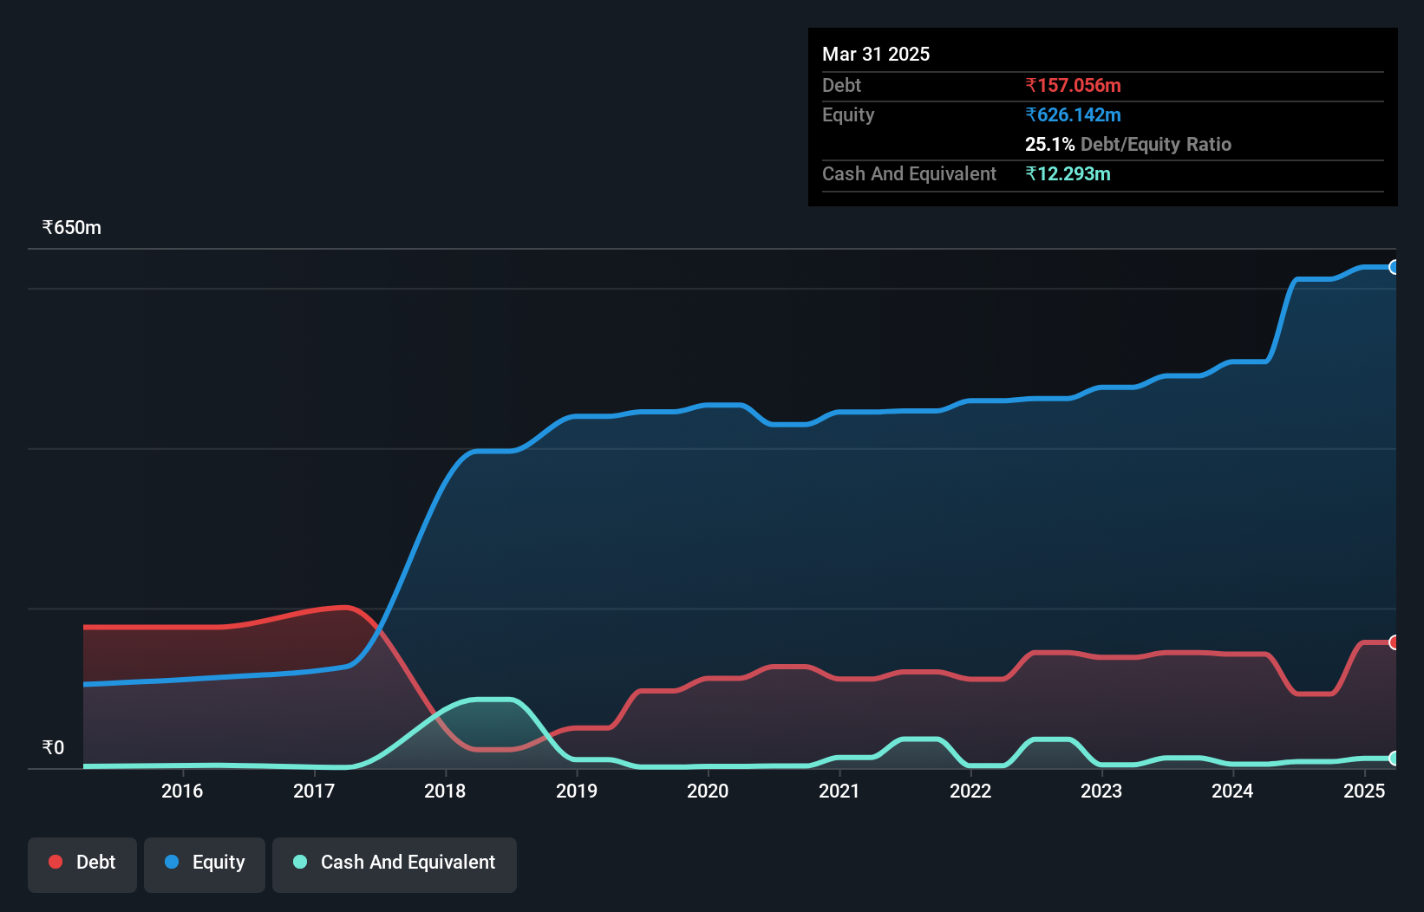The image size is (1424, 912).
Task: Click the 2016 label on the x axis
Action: coord(182,791)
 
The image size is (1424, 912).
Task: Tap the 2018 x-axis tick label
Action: coord(445,791)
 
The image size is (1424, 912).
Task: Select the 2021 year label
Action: coord(839,791)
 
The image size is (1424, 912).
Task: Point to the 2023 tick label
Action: coord(1101,791)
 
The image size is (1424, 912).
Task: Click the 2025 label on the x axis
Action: coord(1364,791)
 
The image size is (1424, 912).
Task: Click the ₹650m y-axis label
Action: coord(72,228)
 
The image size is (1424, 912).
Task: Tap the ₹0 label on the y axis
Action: coord(54,747)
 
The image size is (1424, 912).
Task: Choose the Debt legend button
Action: coord(82,863)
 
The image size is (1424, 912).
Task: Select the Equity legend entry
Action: coord(205,863)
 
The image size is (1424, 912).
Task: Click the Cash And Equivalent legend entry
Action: coord(395,863)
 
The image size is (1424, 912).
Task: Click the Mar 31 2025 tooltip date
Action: coord(876,54)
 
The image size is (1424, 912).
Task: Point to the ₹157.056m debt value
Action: coord(1073,85)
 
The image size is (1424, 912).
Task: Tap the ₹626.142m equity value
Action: coord(1073,114)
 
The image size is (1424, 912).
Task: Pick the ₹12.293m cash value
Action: coord(1068,173)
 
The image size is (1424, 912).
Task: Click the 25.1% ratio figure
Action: coord(1049,144)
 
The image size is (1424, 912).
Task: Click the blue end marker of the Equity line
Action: coord(1394,267)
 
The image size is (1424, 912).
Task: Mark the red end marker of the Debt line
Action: coord(1394,642)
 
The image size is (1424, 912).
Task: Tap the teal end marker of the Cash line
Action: coord(1394,759)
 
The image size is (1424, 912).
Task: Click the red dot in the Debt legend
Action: coord(56,862)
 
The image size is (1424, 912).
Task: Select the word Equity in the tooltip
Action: coord(848,114)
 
